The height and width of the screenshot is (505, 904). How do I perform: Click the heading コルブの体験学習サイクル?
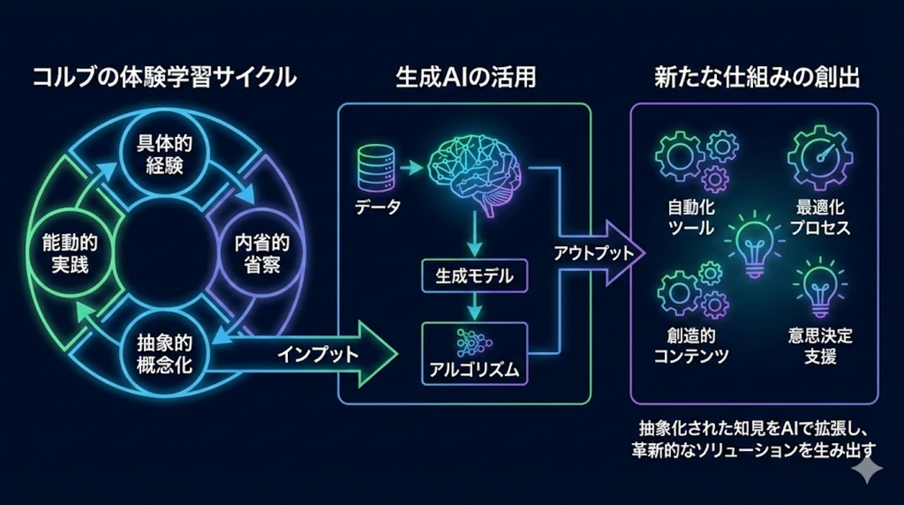coord(165,77)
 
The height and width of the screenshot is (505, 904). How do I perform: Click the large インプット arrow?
coord(302,355)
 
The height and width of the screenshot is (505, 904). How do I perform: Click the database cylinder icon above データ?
coord(376,168)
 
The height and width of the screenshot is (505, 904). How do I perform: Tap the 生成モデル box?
coord(474,276)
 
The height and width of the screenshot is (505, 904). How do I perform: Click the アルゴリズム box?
coord(474,353)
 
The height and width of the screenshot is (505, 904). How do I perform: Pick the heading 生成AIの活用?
coord(465,77)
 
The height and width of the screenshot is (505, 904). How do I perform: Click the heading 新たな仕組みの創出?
coord(757,77)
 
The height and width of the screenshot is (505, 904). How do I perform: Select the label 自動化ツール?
coord(691,218)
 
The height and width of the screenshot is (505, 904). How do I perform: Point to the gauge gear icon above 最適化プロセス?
coord(820,157)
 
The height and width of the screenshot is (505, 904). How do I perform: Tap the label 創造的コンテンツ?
coord(691,346)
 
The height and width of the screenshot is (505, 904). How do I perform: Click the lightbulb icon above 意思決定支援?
coord(820,287)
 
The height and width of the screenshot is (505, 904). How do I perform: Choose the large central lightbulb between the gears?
coord(754,244)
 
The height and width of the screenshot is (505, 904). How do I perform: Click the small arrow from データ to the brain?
coord(411,167)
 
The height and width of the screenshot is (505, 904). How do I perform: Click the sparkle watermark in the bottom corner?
coord(867,468)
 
